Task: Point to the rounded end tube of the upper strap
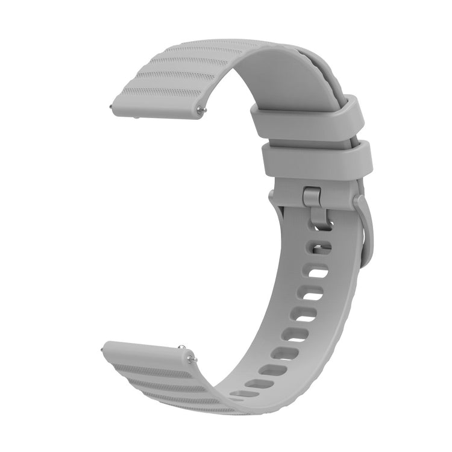pos(153,108)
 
